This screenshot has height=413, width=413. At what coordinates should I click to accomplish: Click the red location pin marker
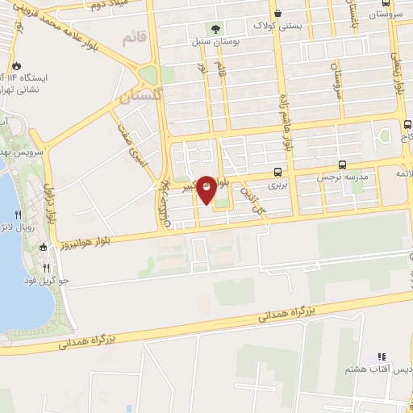206,188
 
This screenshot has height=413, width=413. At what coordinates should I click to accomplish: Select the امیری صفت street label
132,144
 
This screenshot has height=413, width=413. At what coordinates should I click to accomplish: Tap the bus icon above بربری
278,172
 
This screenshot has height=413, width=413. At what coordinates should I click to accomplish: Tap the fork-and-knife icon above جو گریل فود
46,268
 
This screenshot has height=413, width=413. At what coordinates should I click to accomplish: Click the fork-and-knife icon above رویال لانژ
19,215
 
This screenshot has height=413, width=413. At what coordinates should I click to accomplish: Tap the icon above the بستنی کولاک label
278,14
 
